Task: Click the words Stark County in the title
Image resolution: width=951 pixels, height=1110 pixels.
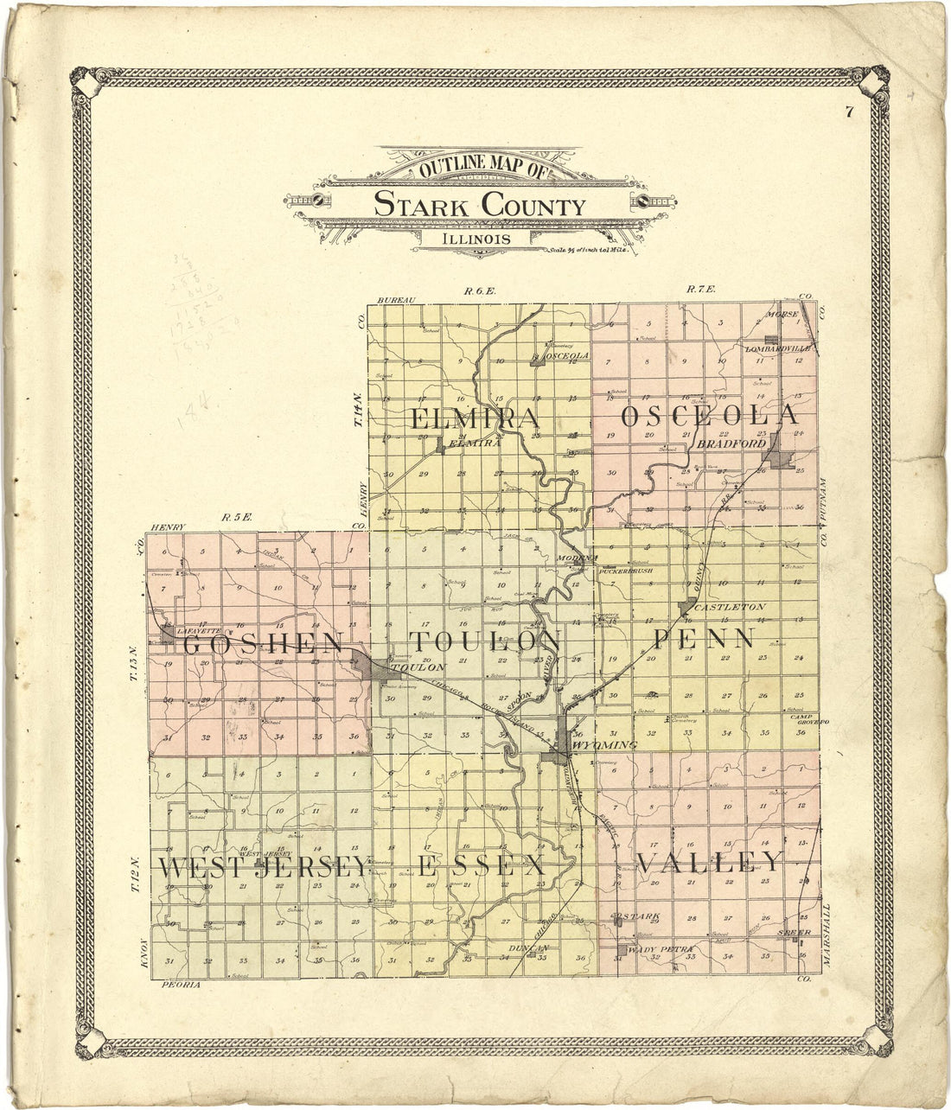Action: coord(479,207)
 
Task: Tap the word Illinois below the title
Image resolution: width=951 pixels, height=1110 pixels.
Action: coord(475,239)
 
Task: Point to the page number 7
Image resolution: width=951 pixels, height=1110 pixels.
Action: coord(851,110)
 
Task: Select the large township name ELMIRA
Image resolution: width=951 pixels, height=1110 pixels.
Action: coord(475,418)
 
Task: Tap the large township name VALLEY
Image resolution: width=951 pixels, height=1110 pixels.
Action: coord(709,862)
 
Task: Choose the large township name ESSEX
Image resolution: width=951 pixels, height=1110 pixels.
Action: coord(482,866)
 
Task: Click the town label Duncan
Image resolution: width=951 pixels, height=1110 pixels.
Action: coord(530,948)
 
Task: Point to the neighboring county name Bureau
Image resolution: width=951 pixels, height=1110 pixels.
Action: coord(397,300)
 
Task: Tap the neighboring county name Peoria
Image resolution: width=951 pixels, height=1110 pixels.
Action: coord(182,985)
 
